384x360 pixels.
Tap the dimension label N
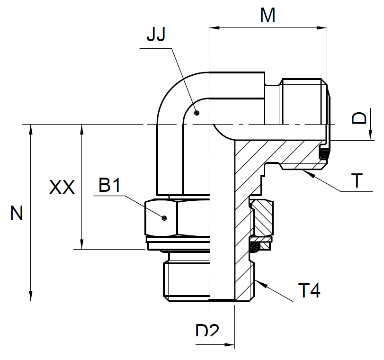click(x=17, y=214)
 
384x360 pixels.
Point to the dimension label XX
click(x=62, y=189)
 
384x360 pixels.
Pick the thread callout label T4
click(x=309, y=290)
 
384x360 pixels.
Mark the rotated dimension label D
click(x=360, y=118)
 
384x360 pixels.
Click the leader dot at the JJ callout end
click(x=197, y=112)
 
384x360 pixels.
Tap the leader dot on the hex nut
click(x=164, y=218)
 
